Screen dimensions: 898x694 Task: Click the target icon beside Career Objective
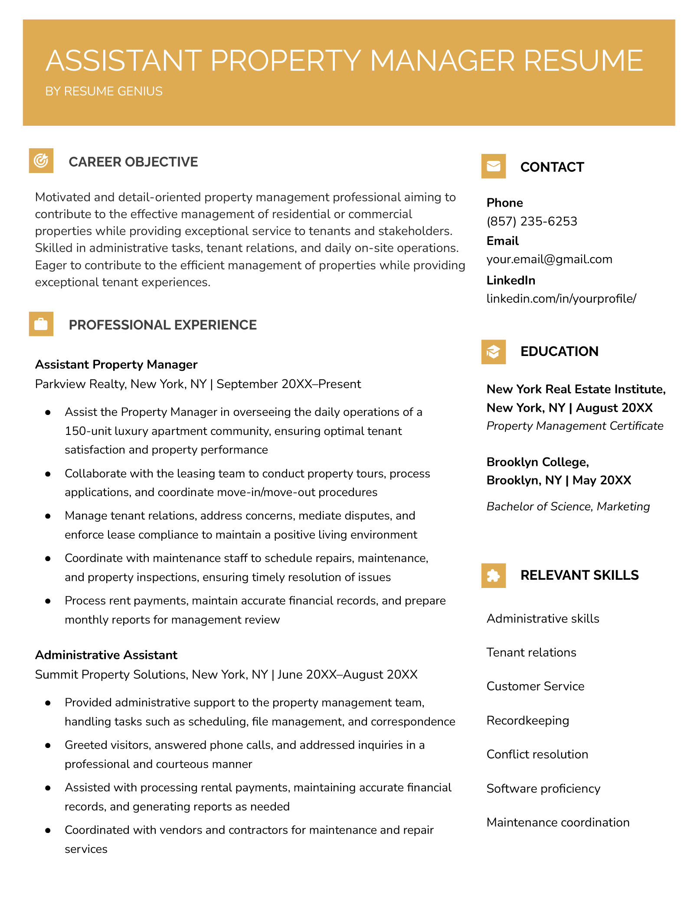tap(41, 161)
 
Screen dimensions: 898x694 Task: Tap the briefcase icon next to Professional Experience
tap(41, 324)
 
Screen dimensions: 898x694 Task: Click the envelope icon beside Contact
tap(493, 166)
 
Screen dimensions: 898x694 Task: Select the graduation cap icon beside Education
tap(493, 352)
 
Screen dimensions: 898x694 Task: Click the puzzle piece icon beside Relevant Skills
tap(493, 575)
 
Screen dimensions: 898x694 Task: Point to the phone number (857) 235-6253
tap(532, 222)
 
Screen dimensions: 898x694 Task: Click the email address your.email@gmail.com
tap(549, 259)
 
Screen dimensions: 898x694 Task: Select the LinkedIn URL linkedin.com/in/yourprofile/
tap(561, 299)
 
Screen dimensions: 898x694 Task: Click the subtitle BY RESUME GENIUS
tap(104, 91)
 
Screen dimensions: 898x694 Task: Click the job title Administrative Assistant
tap(106, 655)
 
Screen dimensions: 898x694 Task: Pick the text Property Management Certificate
tap(575, 426)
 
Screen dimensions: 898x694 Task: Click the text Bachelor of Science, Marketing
tap(568, 506)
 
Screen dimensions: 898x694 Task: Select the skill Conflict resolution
tap(537, 754)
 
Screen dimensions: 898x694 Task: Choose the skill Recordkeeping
tap(527, 720)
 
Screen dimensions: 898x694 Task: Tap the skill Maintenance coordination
tap(558, 822)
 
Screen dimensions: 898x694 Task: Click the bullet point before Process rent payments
tap(48, 601)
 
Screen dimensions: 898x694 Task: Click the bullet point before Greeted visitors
tap(48, 745)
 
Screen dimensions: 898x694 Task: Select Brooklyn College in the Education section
tap(537, 462)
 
